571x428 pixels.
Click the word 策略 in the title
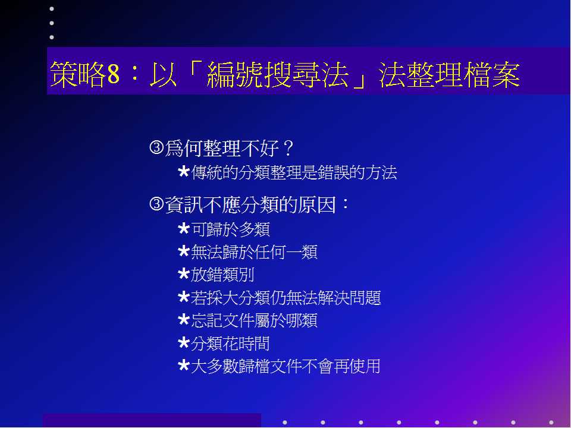(78, 74)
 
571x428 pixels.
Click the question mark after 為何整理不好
(288, 149)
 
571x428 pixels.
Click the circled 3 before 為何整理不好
(156, 147)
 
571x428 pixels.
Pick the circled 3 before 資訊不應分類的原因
(156, 204)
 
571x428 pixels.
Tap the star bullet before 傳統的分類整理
(184, 171)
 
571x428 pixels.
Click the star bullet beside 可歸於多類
(184, 229)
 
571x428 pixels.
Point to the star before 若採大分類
(184, 297)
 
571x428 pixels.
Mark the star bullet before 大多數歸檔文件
(184, 366)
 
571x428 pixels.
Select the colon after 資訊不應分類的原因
(345, 204)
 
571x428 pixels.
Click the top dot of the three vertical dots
(52, 9)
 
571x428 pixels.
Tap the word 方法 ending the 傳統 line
(381, 172)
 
